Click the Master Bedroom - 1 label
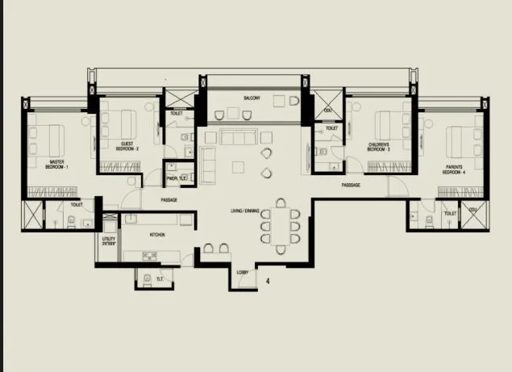tap(56, 164)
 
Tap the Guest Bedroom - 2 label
tap(127, 148)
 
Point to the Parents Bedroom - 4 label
tap(453, 171)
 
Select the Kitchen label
tap(158, 236)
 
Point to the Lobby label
tap(241, 273)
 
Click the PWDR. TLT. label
tap(177, 178)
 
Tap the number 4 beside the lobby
tap(268, 281)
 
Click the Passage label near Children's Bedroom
tap(350, 185)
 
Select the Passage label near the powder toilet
tap(169, 199)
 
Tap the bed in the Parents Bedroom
tap(463, 144)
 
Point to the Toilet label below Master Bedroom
tap(77, 205)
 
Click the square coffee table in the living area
tap(238, 167)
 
